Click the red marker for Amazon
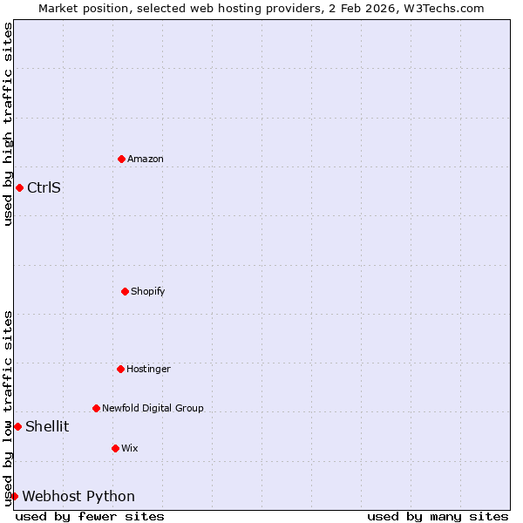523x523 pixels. coord(122,159)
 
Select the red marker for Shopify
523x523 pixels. coord(125,291)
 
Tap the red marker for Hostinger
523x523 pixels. coord(121,369)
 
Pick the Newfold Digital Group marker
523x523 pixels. coord(97,408)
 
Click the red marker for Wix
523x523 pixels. coord(116,448)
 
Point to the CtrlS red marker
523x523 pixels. coord(19,187)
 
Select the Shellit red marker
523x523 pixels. coord(17,426)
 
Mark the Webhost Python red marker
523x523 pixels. coord(14,496)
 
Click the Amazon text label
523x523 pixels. coord(146,159)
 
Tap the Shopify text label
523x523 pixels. coord(148,291)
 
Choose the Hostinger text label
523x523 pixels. coord(149,369)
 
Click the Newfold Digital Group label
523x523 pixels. coord(153,408)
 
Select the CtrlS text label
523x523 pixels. coord(44,187)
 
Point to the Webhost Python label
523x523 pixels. coord(78,496)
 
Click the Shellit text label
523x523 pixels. coord(47,426)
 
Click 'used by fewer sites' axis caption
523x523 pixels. coord(90,516)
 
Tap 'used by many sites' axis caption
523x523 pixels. coord(438,516)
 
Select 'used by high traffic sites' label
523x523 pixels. coord(8,124)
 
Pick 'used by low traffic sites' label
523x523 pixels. coord(8,407)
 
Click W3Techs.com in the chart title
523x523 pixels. coord(445,8)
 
